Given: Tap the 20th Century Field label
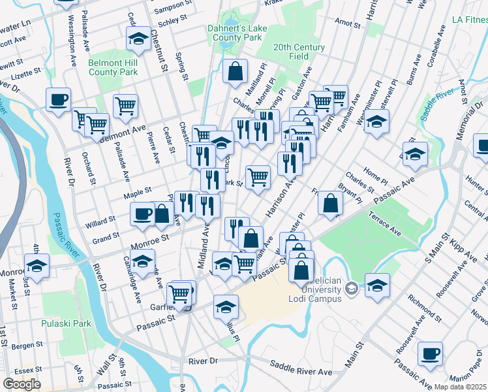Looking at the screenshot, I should click(299, 52).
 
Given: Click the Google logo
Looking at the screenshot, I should click(22, 384).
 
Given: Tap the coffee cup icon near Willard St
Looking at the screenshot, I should click(143, 214).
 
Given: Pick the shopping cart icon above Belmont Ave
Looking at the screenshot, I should click(125, 105).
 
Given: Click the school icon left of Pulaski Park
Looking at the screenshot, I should click(37, 266).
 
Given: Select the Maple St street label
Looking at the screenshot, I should click(138, 191).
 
